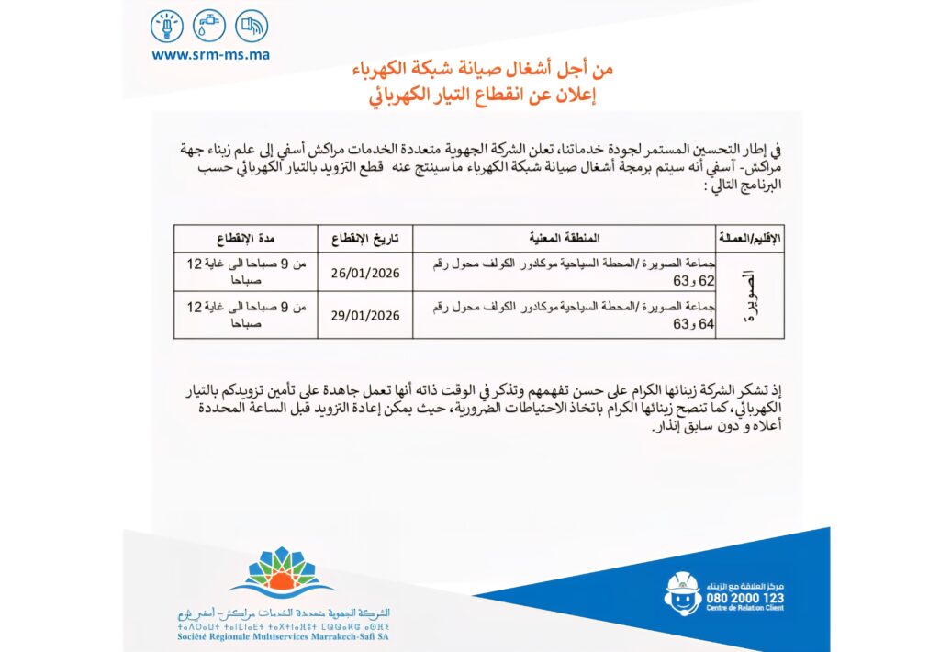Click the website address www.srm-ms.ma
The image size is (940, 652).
pyautogui.click(x=210, y=54)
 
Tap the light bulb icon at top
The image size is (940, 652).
pyautogui.click(x=167, y=25)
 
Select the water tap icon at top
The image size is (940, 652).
pyautogui.click(x=209, y=25)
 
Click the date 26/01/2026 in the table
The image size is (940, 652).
pyautogui.click(x=365, y=273)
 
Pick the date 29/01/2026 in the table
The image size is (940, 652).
pyautogui.click(x=365, y=315)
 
